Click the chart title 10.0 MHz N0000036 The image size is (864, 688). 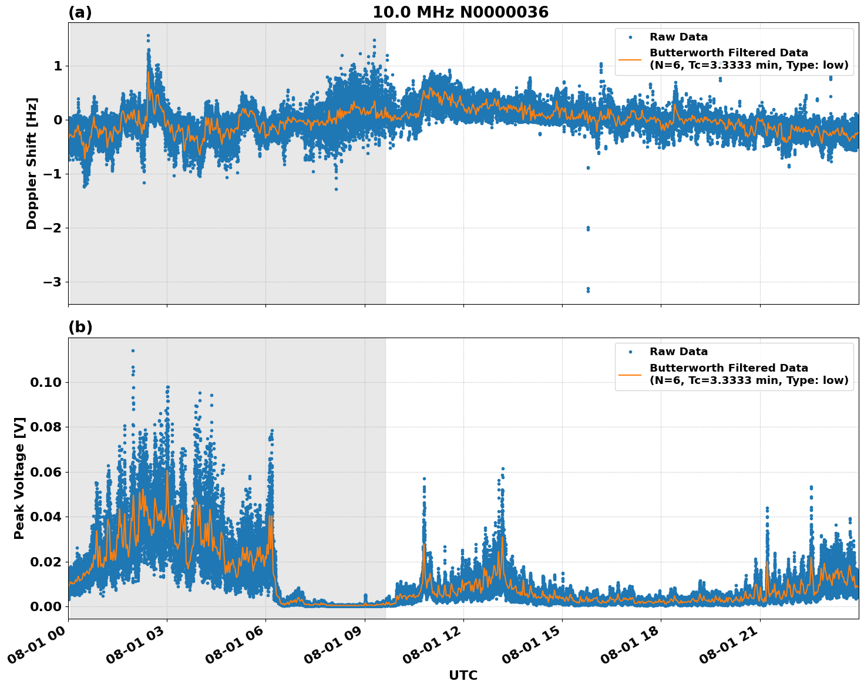pyautogui.click(x=460, y=12)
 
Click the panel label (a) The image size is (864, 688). pyautogui.click(x=80, y=12)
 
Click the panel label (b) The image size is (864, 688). pyautogui.click(x=80, y=327)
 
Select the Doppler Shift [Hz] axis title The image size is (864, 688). pyautogui.click(x=32, y=163)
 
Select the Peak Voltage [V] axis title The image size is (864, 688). pyautogui.click(x=19, y=478)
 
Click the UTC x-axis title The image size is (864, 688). pyautogui.click(x=463, y=675)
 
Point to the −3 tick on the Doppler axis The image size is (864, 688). pyautogui.click(x=52, y=282)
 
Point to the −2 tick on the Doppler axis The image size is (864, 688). pyautogui.click(x=52, y=228)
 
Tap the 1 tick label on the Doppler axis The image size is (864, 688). pyautogui.click(x=58, y=66)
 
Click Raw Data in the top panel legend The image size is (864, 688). pyautogui.click(x=678, y=38)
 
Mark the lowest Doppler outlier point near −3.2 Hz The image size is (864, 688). pyautogui.click(x=588, y=291)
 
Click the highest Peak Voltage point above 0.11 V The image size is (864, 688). pyautogui.click(x=133, y=350)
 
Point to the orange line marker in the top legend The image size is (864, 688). pyautogui.click(x=630, y=59)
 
